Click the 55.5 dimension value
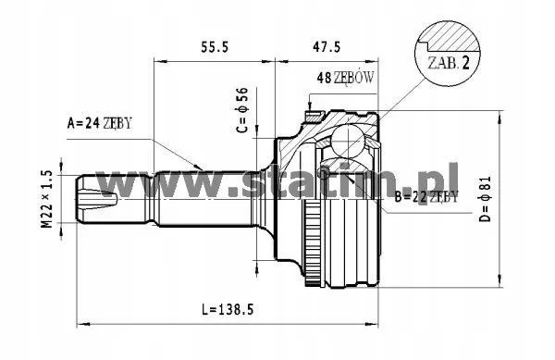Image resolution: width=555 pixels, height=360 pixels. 215,47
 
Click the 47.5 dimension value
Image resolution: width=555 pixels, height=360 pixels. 326,46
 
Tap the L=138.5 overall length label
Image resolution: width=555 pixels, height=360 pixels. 228,310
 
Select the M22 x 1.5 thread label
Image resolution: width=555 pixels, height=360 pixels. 47,199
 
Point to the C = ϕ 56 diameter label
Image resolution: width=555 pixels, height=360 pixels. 242,110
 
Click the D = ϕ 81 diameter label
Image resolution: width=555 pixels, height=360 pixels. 486,199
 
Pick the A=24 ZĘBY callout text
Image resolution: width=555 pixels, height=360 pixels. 100,123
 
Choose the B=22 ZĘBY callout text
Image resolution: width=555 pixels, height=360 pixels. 426,196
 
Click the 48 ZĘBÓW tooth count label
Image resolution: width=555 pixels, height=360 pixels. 345,77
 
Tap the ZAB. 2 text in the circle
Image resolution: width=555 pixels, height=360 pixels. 449,63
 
